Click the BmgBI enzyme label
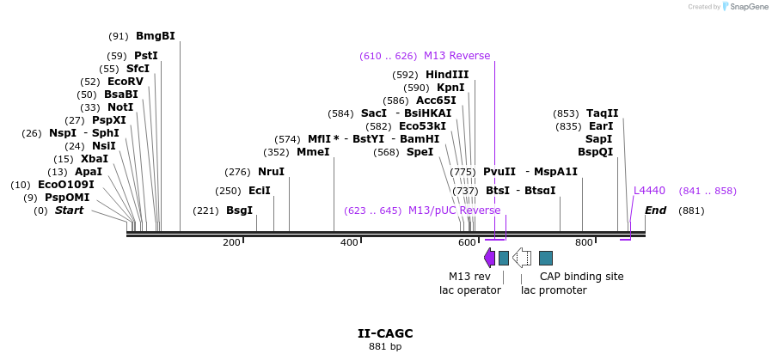point(155,36)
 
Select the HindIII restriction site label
point(447,75)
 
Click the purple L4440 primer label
point(649,191)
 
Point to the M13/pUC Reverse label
point(453,211)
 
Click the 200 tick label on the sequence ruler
point(231,243)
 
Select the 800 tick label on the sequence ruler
point(584,243)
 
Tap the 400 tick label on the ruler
point(349,243)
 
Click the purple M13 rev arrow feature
point(489,258)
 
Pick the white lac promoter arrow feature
point(521,258)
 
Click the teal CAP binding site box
point(546,258)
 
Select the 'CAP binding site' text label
point(581,277)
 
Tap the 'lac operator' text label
point(469,290)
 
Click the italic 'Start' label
point(70,211)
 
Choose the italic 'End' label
point(655,211)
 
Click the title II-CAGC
point(385,333)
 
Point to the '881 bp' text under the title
point(385,347)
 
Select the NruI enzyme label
point(271,172)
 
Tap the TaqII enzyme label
point(602,113)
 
